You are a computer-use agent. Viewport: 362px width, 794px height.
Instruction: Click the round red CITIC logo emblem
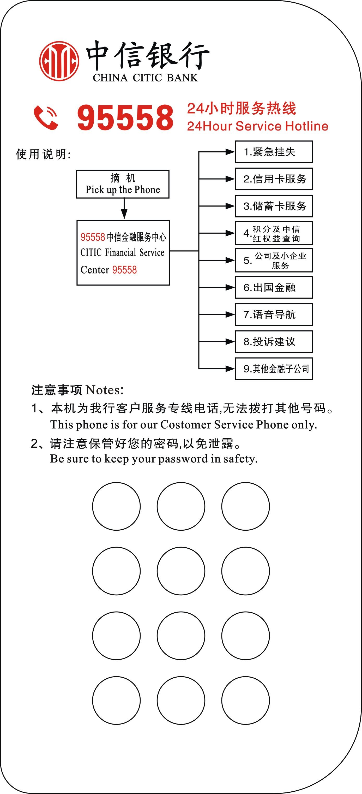(x=59, y=61)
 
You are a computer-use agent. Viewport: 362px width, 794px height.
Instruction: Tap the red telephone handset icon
(x=46, y=117)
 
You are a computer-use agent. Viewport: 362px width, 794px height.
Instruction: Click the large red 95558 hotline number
(x=125, y=117)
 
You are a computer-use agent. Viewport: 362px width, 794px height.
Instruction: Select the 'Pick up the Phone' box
(x=123, y=184)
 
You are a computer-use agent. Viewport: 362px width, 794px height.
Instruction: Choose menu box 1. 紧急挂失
(x=274, y=152)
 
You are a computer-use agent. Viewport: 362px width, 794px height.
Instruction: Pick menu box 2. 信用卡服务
(x=274, y=179)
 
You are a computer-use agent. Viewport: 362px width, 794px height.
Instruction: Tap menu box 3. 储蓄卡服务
(x=274, y=206)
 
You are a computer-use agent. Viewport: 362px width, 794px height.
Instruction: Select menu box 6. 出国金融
(x=274, y=288)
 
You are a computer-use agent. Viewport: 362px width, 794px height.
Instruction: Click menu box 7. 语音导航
(x=274, y=315)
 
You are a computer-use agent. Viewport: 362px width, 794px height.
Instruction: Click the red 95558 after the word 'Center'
(x=124, y=270)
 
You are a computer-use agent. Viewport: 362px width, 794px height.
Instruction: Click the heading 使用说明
(x=43, y=154)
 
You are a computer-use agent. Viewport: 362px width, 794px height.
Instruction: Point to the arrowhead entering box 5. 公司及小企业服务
(x=230, y=260)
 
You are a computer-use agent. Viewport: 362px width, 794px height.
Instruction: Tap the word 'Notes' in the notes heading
(x=103, y=390)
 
